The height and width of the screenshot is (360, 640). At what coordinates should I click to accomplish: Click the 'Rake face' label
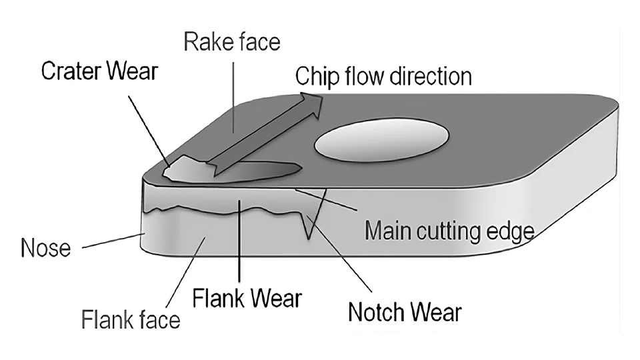point(232,43)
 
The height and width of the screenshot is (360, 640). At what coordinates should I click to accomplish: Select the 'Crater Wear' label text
point(99,71)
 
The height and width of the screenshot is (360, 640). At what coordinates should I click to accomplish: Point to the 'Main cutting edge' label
point(450,231)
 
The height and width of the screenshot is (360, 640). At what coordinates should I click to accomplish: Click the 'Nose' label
point(45,249)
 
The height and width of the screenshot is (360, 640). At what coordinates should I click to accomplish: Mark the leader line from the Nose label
point(113,241)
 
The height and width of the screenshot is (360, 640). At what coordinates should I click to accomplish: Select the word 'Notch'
point(379,311)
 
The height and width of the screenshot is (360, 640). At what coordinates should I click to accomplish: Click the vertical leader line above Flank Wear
point(239,240)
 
